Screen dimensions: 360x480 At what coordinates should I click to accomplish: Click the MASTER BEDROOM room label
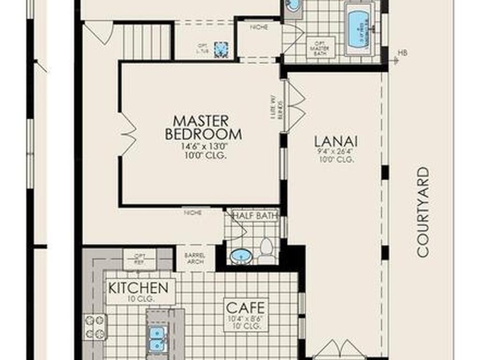coord(203,127)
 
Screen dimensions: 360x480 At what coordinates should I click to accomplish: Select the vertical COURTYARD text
coord(423,212)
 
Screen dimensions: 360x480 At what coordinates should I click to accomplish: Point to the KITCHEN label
coord(138,287)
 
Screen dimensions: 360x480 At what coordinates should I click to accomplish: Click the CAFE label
coord(246,308)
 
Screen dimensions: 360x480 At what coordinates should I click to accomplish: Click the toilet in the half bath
coord(267,251)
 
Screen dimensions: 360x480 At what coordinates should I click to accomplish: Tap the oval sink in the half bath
coord(241,256)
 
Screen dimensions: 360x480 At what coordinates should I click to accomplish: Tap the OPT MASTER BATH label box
coord(321,48)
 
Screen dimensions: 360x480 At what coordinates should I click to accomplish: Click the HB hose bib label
coord(402,53)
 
